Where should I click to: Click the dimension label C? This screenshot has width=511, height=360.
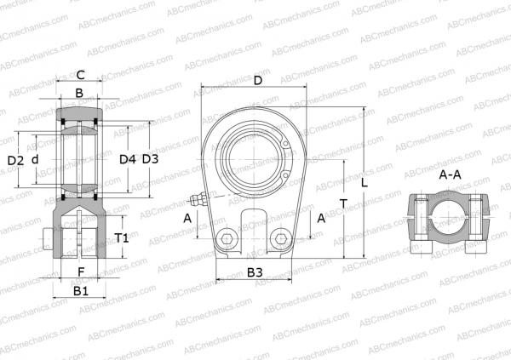pyautogui.click(x=80, y=74)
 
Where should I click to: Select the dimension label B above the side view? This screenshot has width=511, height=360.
pyautogui.click(x=79, y=93)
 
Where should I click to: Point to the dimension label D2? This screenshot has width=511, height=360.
pyautogui.click(x=14, y=160)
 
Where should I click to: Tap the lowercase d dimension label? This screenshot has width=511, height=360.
pyautogui.click(x=34, y=159)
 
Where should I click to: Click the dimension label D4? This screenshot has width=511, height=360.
pyautogui.click(x=127, y=159)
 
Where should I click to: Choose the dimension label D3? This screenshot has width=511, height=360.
pyautogui.click(x=150, y=159)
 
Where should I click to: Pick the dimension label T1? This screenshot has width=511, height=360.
pyautogui.click(x=122, y=237)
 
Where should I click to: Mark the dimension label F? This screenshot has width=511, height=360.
pyautogui.click(x=80, y=272)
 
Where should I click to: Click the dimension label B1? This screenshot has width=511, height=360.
pyautogui.click(x=80, y=291)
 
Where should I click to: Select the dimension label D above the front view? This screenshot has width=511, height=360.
pyautogui.click(x=257, y=80)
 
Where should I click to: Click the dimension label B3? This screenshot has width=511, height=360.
pyautogui.click(x=254, y=272)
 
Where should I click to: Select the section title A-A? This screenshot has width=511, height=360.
pyautogui.click(x=451, y=174)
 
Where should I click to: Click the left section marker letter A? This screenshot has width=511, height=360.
pyautogui.click(x=187, y=218)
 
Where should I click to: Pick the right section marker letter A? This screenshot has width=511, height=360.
pyautogui.click(x=321, y=218)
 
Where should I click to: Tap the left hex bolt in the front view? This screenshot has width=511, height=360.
pyautogui.click(x=227, y=239)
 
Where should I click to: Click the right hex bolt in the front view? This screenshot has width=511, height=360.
pyautogui.click(x=278, y=239)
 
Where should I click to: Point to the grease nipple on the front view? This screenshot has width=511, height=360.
pyautogui.click(x=198, y=202)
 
